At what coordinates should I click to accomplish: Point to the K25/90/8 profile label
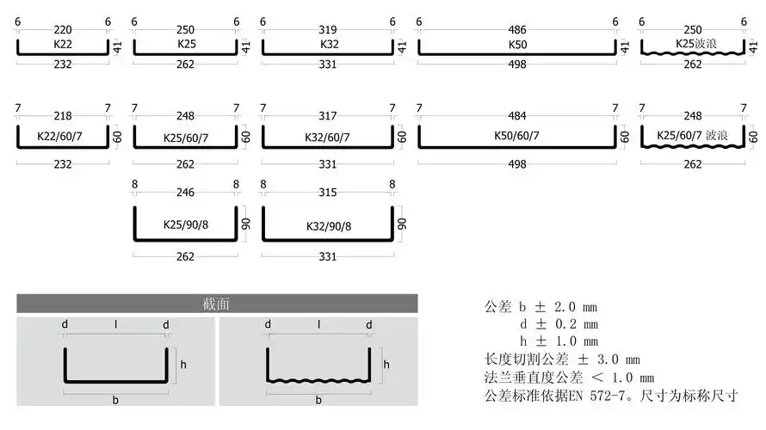pyautogui.click(x=184, y=226)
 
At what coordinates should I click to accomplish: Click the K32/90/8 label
pyautogui.click(x=328, y=226)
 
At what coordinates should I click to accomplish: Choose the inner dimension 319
pyautogui.click(x=327, y=22)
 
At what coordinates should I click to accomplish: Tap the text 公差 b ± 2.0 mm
pyautogui.click(x=541, y=307)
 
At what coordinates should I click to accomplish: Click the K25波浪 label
pyautogui.click(x=690, y=43)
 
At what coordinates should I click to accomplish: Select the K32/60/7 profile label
pyautogui.click(x=328, y=136)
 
